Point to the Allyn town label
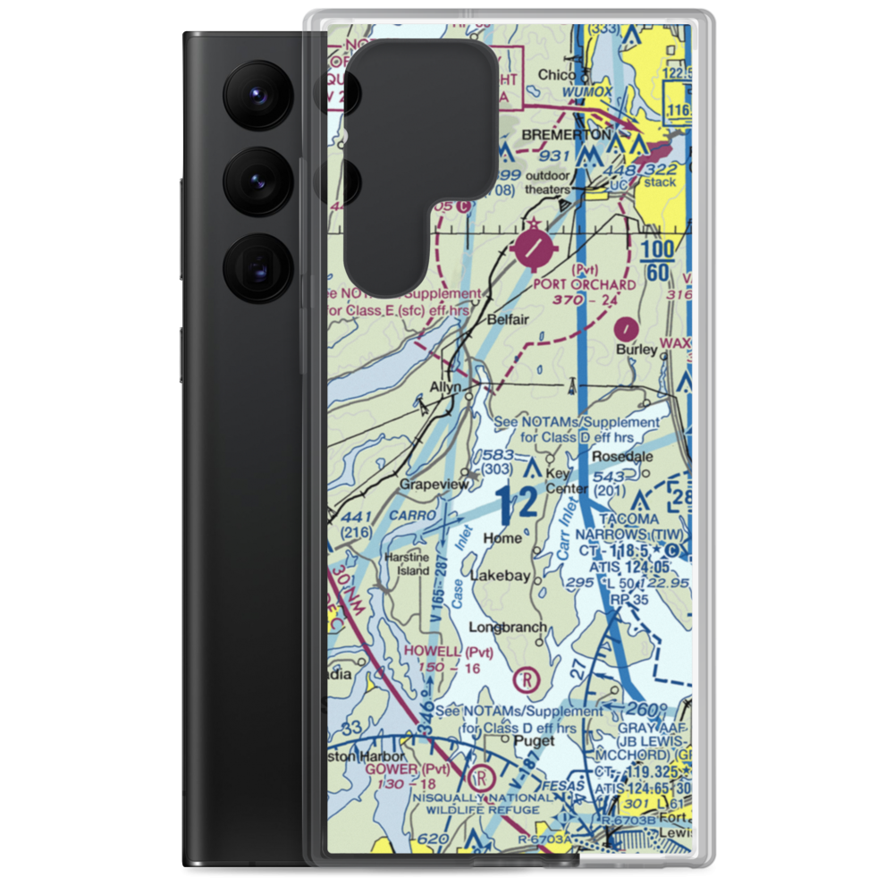(444, 387)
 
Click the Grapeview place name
(434, 484)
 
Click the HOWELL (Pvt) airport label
(449, 652)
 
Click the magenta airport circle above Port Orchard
(535, 249)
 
